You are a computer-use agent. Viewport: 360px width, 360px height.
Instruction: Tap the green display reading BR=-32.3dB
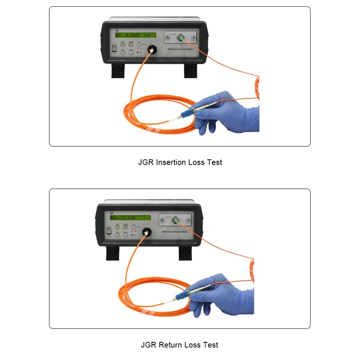130,217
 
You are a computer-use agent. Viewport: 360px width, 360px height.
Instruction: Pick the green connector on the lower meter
177,220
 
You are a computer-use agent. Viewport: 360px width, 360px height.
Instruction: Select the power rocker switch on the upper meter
115,48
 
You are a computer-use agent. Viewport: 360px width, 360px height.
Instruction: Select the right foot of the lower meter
185,253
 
